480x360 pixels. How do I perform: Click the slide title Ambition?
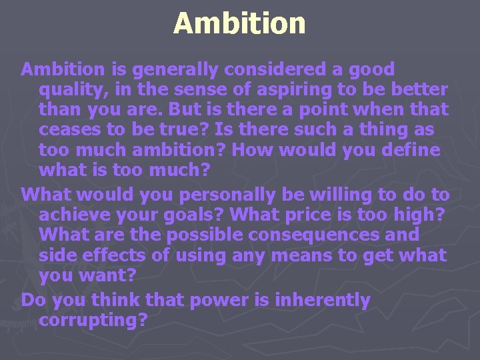239,23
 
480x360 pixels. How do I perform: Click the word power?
215,301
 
